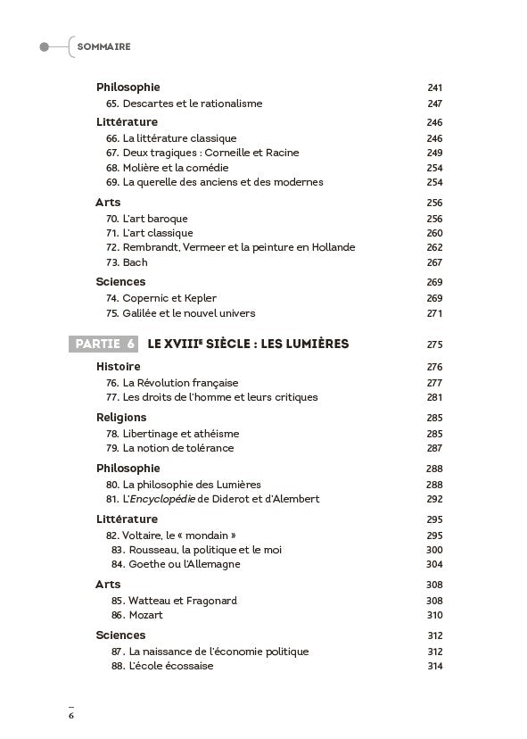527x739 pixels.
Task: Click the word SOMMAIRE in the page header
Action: [x=104, y=46]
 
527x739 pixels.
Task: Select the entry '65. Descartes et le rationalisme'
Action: [x=184, y=104]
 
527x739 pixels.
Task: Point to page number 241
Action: [x=434, y=87]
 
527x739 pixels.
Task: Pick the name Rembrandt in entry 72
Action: [x=150, y=247]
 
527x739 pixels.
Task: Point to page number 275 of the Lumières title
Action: [x=434, y=345]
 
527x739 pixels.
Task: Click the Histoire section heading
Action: [x=118, y=367]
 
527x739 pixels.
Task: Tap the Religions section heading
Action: [x=121, y=418]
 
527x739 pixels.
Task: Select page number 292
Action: [x=434, y=499]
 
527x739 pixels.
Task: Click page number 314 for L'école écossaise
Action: [x=434, y=666]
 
